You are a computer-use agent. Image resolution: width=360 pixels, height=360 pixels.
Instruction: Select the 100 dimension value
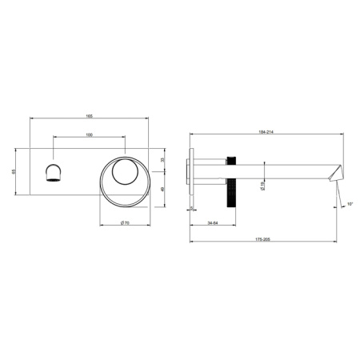point(88,134)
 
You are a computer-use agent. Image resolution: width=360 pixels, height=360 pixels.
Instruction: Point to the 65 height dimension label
point(14,170)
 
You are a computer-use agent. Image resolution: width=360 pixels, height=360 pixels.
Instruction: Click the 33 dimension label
point(162,160)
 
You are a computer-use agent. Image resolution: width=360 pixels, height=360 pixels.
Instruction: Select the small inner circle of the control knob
point(126,170)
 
